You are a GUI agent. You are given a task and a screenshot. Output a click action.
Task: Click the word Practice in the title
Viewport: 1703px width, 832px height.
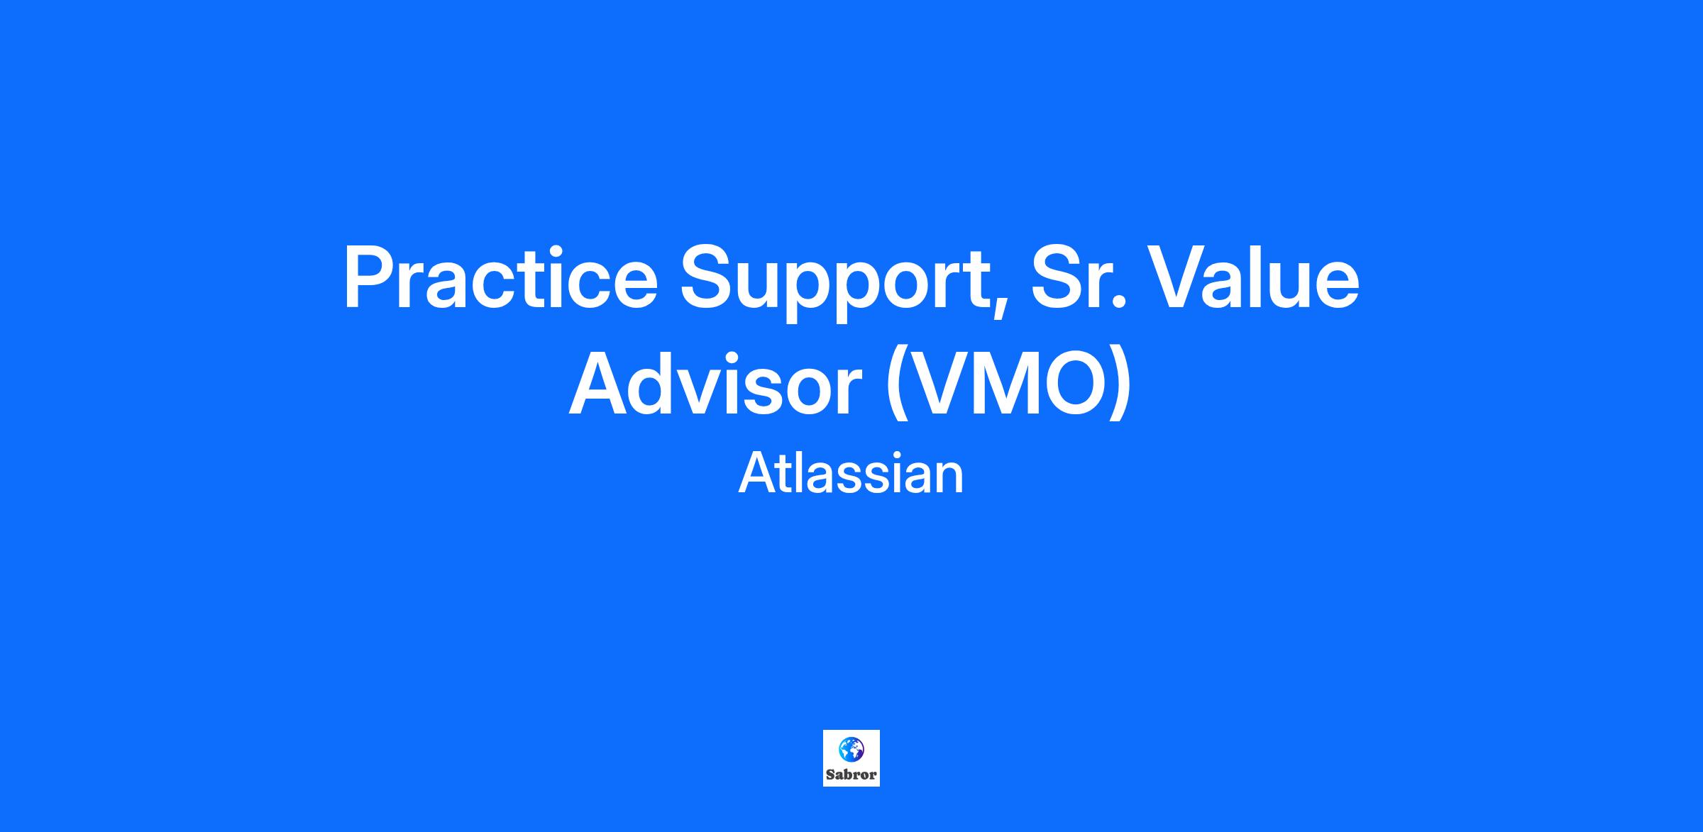[501, 277]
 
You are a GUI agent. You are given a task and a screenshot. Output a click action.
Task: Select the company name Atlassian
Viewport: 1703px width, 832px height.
[851, 474]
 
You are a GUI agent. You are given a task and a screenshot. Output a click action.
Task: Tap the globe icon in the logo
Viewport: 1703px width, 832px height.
[851, 748]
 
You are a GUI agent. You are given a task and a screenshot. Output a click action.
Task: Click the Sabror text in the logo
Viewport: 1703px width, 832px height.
[851, 775]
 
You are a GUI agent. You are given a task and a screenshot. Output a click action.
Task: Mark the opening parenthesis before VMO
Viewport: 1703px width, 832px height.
[895, 386]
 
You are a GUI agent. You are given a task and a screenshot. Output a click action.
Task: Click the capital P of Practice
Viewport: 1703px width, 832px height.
[368, 277]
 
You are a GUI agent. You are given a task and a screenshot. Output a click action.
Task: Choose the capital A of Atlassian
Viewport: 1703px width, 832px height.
[756, 474]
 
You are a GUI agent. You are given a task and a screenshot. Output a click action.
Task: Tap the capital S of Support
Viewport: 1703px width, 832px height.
[705, 277]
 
